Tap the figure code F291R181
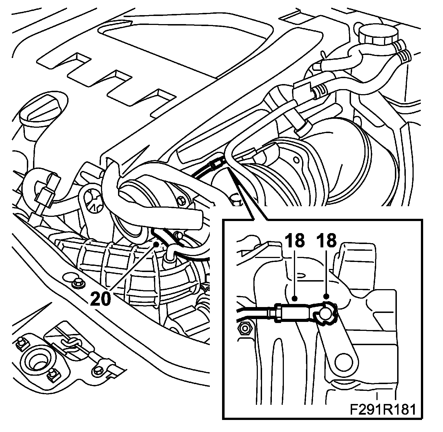click(x=382, y=410)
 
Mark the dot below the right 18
click(x=326, y=296)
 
